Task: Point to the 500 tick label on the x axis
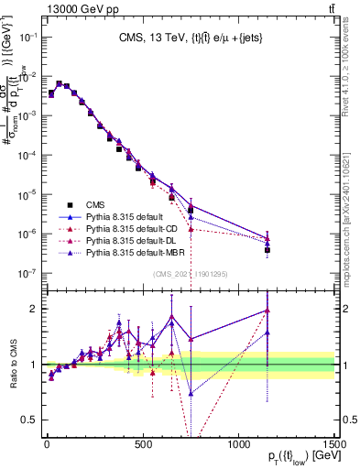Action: [x=142, y=442]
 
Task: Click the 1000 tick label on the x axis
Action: [x=238, y=442]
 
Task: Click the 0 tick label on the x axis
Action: [x=46, y=442]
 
